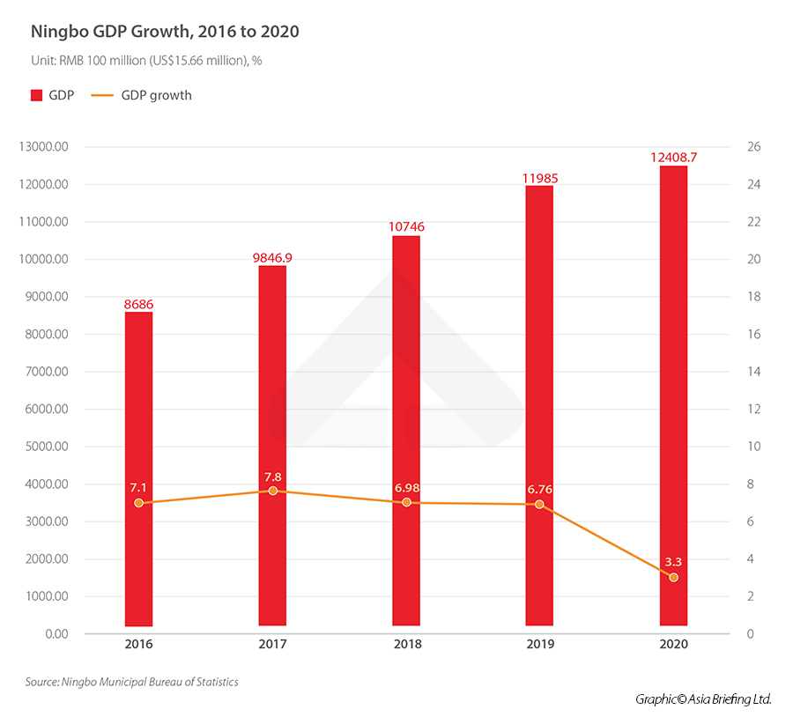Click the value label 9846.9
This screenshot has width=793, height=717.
(272, 257)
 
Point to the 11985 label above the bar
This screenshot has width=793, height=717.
(540, 178)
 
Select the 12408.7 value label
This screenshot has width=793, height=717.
(673, 157)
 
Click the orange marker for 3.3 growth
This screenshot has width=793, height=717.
(673, 578)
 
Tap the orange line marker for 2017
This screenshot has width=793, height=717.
(272, 491)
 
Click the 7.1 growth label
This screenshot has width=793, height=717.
(138, 487)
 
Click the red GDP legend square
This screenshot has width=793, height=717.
(36, 95)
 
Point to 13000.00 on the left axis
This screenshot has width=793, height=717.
(43, 147)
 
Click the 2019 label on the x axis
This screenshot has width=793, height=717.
(540, 644)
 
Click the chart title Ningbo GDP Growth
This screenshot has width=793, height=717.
(165, 33)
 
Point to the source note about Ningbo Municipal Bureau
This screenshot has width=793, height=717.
(131, 682)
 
